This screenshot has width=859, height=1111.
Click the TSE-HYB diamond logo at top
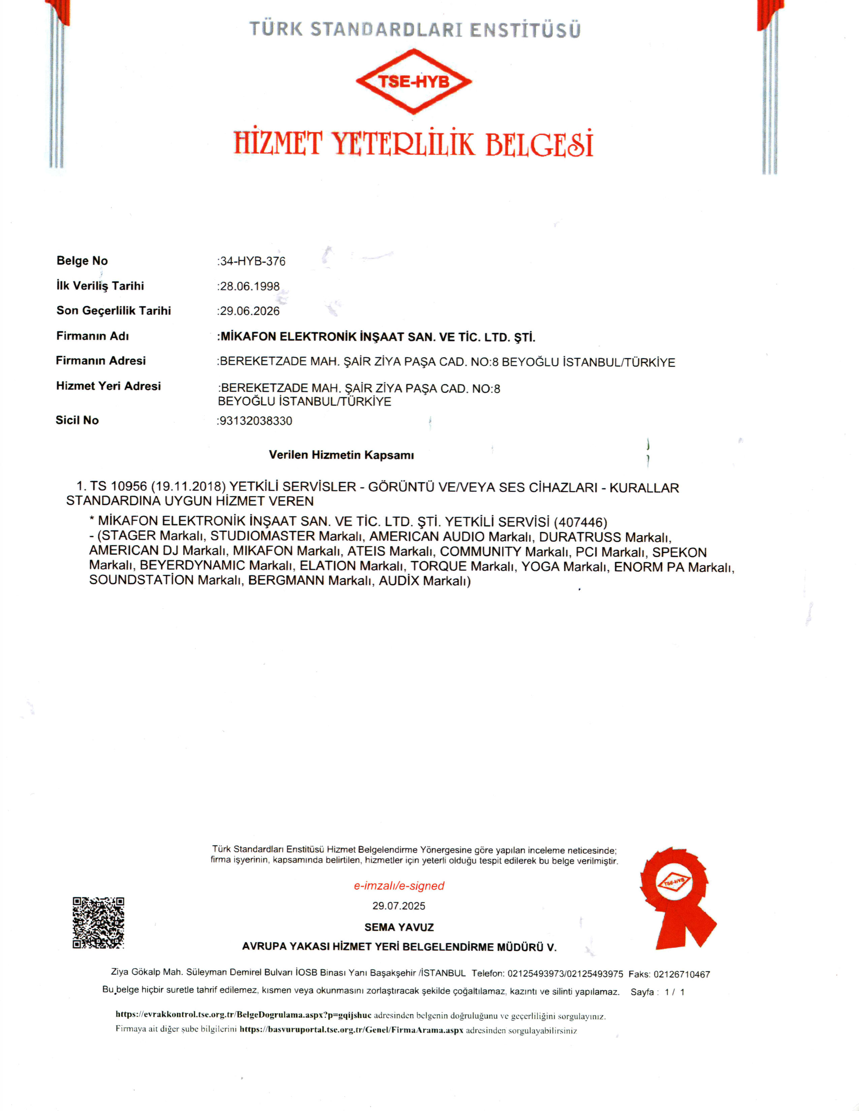(414, 81)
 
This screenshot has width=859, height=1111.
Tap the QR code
(98, 923)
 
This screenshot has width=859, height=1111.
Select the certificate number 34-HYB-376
(252, 262)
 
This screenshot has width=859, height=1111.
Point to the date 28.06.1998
(249, 287)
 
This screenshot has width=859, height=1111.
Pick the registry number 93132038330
(255, 421)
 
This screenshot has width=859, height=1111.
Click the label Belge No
(82, 261)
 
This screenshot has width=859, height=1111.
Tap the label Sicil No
(77, 420)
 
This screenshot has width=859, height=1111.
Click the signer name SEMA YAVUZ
(399, 928)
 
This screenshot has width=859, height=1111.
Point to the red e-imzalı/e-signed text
(399, 886)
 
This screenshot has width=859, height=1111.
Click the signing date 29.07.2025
(399, 906)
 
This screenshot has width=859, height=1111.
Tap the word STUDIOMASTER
(263, 536)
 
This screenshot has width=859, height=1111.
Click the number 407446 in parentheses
(580, 523)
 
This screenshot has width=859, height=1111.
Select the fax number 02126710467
(681, 975)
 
